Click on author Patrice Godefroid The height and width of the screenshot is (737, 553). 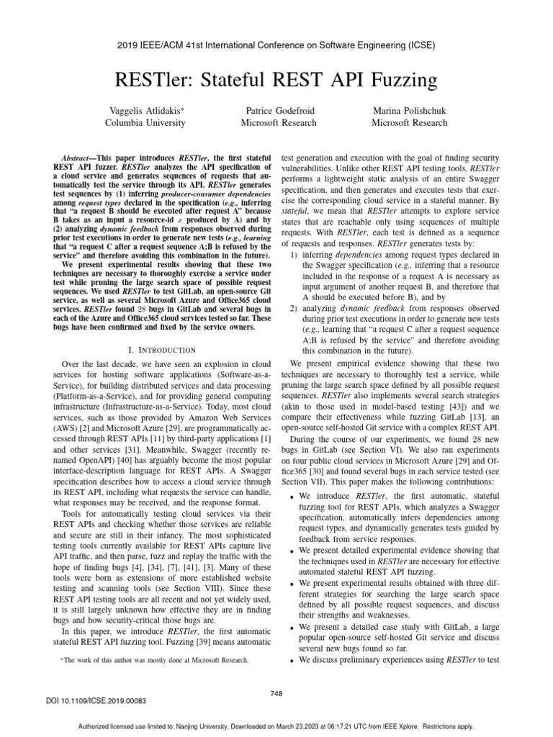pos(281,111)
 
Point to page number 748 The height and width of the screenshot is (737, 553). pos(276,693)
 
